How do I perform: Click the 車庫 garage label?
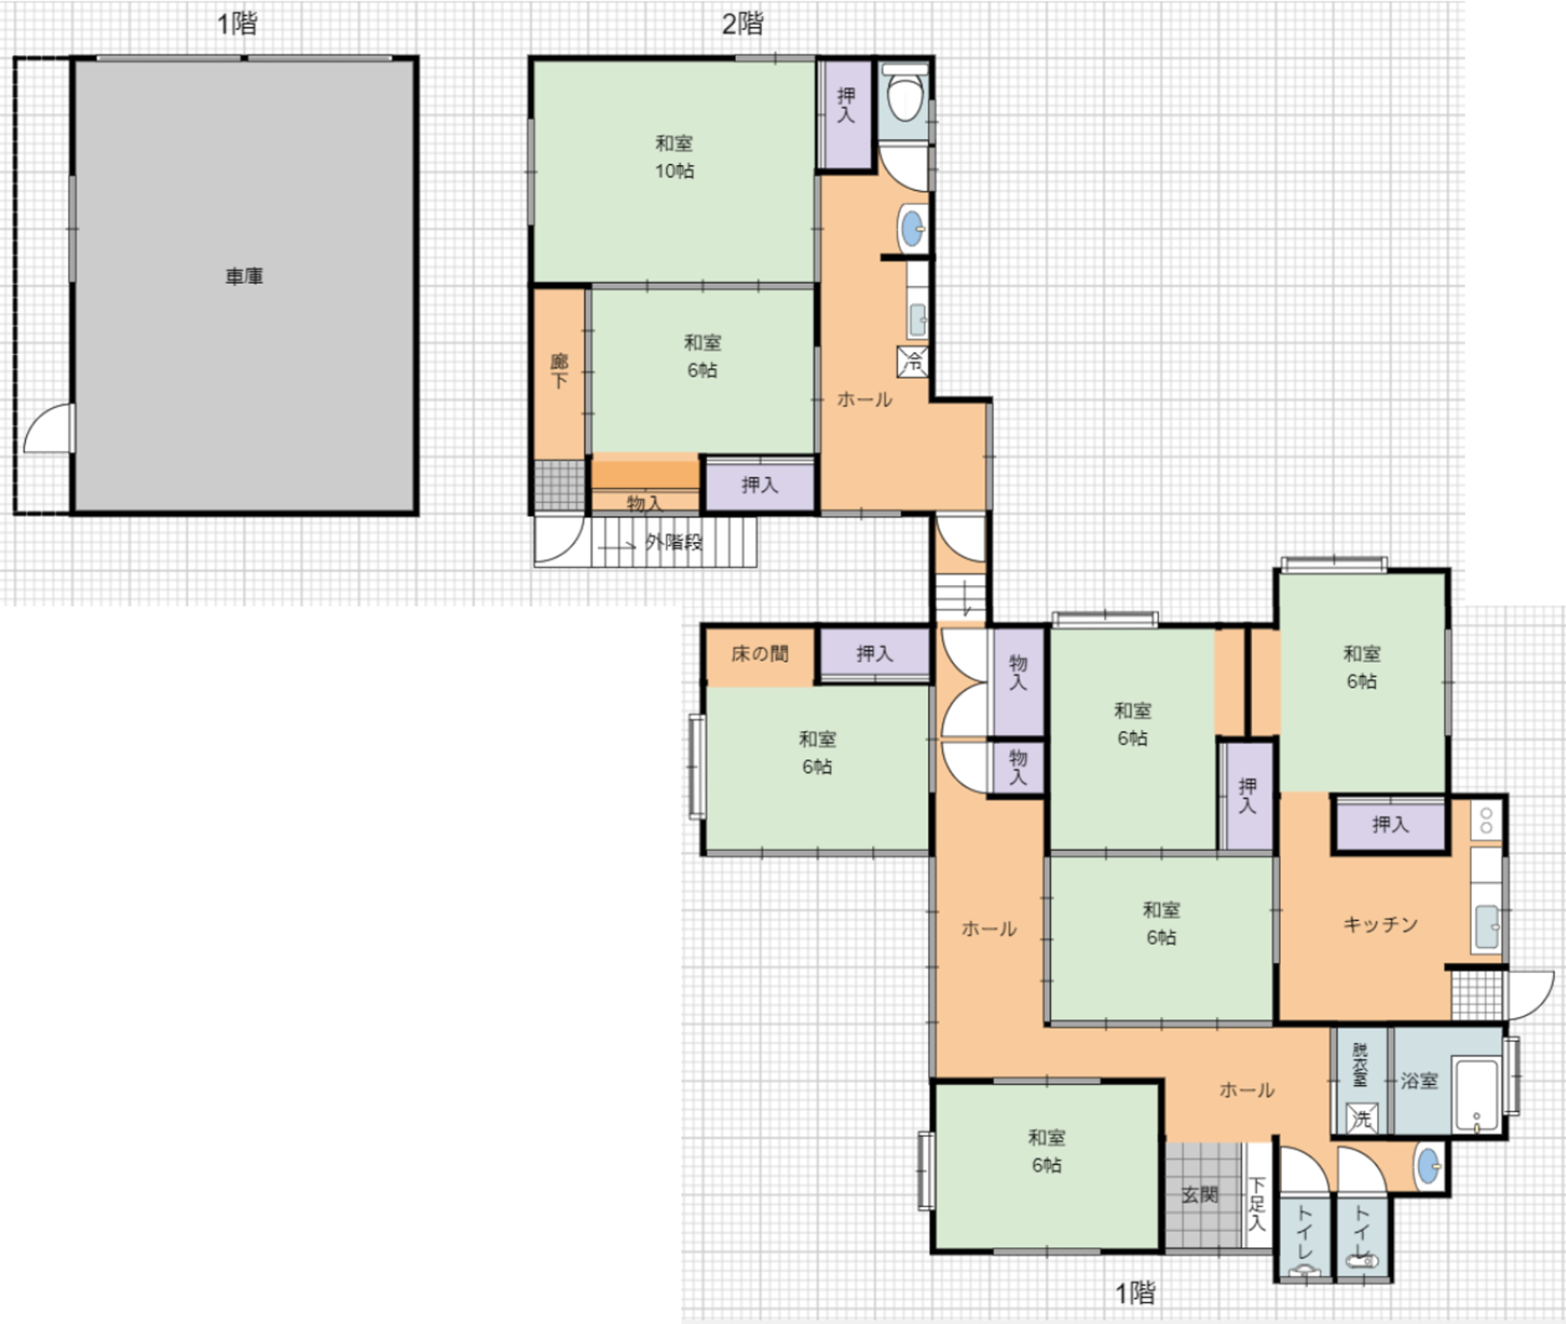[x=244, y=277]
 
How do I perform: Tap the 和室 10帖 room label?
[x=675, y=157]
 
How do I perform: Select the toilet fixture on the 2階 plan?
[x=905, y=92]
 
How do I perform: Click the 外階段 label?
[x=674, y=542]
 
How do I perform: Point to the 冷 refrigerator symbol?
[x=913, y=361]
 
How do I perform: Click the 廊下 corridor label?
[x=560, y=370]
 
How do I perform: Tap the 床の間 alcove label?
[x=759, y=653]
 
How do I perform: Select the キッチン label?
[x=1380, y=924]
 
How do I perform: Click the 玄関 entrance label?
[x=1200, y=1195]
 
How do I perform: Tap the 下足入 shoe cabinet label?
[x=1257, y=1204]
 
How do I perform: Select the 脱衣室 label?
[x=1360, y=1064]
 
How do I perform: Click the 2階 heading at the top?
[x=742, y=24]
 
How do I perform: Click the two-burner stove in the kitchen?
[x=1486, y=820]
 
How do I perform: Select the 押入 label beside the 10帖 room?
[x=846, y=106]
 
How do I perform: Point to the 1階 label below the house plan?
[x=1135, y=1293]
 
